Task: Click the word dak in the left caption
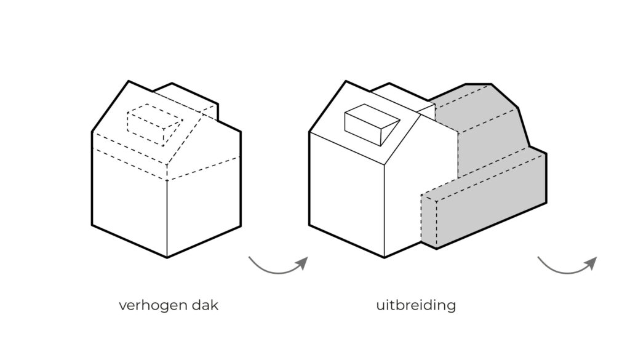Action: pos(206,305)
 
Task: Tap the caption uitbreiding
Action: pos(417,305)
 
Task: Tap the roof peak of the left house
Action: pos(129,81)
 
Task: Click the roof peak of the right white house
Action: pos(346,81)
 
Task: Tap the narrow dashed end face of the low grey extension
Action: pos(429,222)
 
